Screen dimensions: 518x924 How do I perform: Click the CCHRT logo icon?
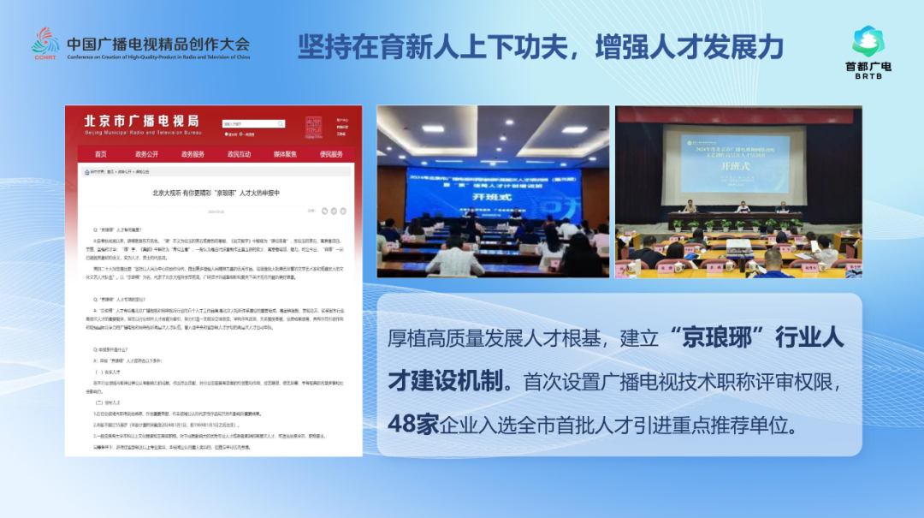pos(46,42)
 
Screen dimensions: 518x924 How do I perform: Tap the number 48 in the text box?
pos(402,423)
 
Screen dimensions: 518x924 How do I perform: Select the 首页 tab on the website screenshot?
pos(101,154)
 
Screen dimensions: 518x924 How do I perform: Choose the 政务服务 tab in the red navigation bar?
pos(192,154)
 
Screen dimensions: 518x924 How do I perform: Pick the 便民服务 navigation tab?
pos(331,154)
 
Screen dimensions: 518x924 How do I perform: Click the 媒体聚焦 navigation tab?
pos(285,154)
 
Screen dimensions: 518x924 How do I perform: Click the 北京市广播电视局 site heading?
pos(141,121)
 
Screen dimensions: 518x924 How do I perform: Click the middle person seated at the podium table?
pos(743,206)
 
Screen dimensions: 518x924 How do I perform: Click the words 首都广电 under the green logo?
pos(868,66)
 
